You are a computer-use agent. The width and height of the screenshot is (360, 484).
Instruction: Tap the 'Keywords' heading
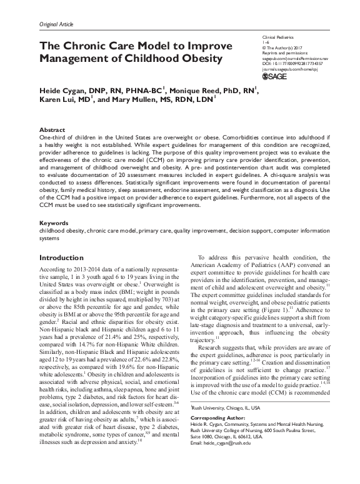53,223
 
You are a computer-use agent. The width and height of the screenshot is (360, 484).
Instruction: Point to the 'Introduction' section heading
66,258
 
